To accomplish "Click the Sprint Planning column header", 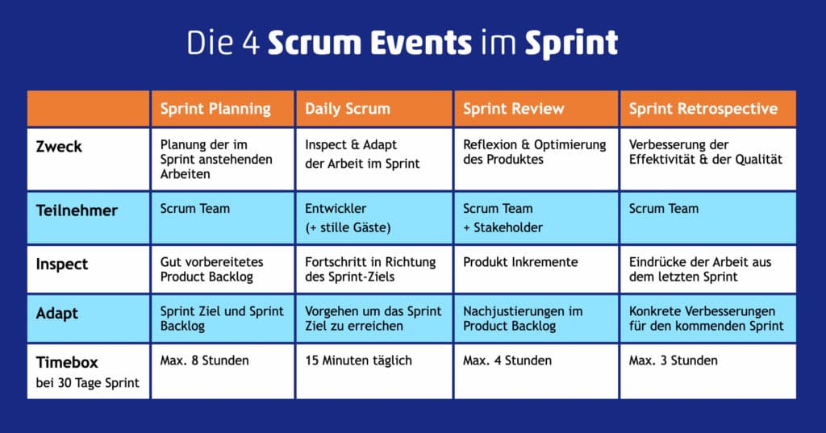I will pos(215,109).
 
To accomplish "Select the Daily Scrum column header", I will pos(347,109).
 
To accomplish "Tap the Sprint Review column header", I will pos(514,109).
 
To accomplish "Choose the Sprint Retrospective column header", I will pos(703,109).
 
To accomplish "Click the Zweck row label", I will pos(60,148).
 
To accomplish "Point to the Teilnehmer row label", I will pos(77,210).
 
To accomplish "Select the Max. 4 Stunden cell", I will pos(507,360).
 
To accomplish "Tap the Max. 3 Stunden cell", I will pos(674,360).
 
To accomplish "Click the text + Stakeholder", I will pos(503,227).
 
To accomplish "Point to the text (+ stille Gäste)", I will pos(348,227).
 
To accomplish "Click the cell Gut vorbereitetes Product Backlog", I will pos(212,270).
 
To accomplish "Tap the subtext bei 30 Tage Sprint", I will pos(88,382).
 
